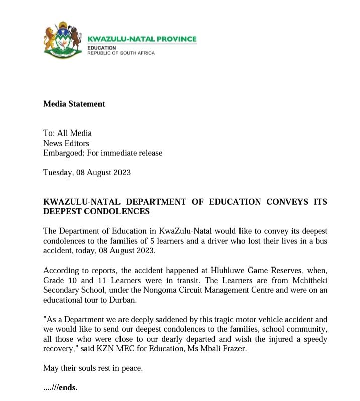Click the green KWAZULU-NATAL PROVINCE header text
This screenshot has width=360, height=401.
coord(142,39)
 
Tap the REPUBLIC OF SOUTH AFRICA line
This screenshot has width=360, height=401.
coord(121,53)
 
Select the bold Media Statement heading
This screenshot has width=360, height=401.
coord(74,104)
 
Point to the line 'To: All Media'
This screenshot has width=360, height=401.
coord(68,133)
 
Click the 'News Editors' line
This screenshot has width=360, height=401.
coord(66,143)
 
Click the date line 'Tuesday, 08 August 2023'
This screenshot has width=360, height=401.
coord(87,172)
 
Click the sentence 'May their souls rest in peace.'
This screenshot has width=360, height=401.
coord(93,369)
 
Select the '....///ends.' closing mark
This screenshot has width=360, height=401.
coord(61,388)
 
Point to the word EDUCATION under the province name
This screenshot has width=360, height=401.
coord(102,48)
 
